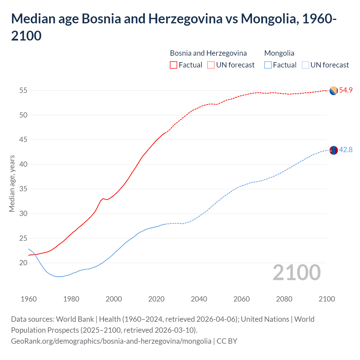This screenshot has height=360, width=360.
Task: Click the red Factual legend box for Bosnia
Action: (174, 65)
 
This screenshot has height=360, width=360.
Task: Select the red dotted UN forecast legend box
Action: (211, 65)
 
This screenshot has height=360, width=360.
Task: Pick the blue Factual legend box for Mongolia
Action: (268, 65)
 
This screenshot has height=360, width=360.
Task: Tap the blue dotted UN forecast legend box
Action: (305, 65)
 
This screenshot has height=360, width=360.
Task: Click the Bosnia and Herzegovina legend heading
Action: (208, 53)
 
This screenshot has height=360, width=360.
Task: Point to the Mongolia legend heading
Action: (279, 53)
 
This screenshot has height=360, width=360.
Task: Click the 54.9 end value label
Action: (346, 90)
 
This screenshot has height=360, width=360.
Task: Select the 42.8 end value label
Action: (346, 150)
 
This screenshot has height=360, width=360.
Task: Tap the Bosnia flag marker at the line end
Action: (334, 91)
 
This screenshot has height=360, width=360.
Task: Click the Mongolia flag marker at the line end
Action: (334, 150)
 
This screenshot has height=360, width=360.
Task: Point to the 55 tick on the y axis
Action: (23, 91)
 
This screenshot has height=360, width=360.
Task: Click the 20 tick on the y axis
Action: (23, 263)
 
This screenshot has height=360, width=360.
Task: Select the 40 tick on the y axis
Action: (23, 164)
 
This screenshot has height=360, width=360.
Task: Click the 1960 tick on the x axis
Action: (29, 299)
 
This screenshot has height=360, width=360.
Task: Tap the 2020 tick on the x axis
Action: (156, 299)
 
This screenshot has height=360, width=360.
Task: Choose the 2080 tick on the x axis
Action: (284, 299)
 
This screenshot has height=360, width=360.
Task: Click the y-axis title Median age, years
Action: (12, 183)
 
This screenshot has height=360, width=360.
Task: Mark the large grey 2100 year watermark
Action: (296, 273)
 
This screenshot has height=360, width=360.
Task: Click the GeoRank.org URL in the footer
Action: (111, 341)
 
